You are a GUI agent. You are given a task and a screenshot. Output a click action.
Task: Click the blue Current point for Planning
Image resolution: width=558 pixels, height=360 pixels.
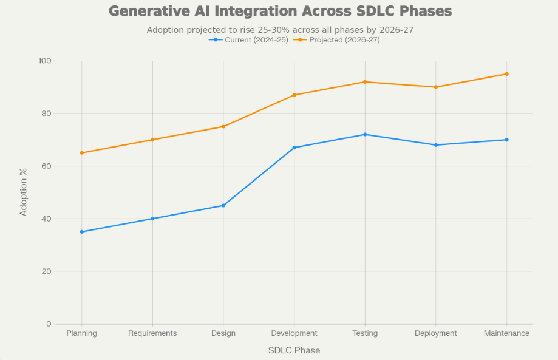click(x=82, y=232)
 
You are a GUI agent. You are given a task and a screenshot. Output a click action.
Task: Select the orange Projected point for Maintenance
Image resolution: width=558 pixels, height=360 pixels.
click(x=506, y=74)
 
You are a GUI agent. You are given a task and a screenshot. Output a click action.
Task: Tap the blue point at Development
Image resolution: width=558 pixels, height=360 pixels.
click(x=294, y=148)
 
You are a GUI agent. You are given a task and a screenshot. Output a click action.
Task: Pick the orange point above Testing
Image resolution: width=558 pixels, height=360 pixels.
click(x=365, y=82)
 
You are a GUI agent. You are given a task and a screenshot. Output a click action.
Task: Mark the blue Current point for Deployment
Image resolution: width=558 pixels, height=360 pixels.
click(x=436, y=145)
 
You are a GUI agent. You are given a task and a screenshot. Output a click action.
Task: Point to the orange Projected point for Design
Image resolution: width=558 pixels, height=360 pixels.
click(x=223, y=126)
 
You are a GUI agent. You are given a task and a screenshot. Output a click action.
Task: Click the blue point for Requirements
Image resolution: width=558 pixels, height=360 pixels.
click(x=152, y=219)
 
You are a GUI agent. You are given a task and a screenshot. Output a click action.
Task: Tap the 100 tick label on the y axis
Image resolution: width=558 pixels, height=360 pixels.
click(x=45, y=61)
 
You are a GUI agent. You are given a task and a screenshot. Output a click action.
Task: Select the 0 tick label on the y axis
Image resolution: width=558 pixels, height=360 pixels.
click(x=49, y=324)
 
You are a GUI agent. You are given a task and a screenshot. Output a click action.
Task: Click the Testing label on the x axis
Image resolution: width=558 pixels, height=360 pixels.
click(x=365, y=333)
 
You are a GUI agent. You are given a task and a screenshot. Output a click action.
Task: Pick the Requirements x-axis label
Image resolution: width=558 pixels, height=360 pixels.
click(x=152, y=333)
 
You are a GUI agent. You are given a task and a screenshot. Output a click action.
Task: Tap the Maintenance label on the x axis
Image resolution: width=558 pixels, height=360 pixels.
click(x=506, y=333)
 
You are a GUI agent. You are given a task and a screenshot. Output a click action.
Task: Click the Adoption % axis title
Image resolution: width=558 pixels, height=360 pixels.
click(x=24, y=192)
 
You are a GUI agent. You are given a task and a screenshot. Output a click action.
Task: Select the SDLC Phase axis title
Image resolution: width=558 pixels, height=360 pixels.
click(x=294, y=350)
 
